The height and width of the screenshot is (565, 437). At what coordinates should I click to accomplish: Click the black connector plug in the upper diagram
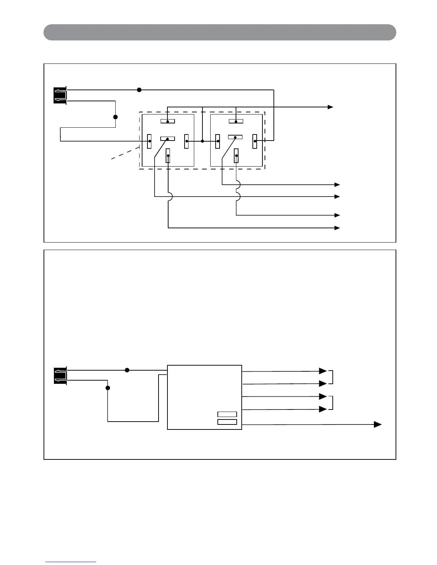click(x=60, y=95)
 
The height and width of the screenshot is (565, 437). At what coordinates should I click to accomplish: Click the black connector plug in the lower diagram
click(x=60, y=376)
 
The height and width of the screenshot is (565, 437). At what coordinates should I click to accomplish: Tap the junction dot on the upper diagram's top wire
click(x=139, y=90)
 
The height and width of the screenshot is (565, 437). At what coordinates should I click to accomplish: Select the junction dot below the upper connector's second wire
click(x=115, y=117)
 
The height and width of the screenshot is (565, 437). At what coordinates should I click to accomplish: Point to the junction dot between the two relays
click(x=202, y=141)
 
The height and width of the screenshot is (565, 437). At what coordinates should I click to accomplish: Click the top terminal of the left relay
click(x=167, y=121)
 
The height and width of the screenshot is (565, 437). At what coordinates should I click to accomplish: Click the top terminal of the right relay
click(x=236, y=121)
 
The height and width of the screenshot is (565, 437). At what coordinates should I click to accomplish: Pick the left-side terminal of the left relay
click(x=150, y=141)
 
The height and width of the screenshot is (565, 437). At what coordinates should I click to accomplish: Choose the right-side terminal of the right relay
click(x=255, y=141)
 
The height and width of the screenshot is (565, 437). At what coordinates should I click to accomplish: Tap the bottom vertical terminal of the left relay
click(x=168, y=156)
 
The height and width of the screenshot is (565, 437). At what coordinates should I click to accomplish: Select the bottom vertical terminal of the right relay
click(x=236, y=156)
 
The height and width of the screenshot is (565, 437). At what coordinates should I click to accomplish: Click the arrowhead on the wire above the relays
click(x=331, y=107)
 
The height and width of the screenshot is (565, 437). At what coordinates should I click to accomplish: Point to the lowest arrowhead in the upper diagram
click(x=337, y=228)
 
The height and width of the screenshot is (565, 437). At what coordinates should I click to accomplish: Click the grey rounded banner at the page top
click(x=220, y=32)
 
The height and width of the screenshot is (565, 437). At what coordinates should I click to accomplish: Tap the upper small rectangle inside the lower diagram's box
click(x=227, y=414)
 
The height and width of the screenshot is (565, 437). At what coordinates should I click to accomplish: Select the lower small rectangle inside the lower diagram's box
click(x=227, y=422)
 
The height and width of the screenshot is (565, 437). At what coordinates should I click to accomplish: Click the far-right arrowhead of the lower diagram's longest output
click(x=378, y=424)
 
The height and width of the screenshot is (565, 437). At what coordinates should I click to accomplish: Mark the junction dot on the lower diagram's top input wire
click(x=127, y=370)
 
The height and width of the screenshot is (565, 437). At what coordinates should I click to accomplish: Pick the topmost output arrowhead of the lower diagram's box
click(x=323, y=371)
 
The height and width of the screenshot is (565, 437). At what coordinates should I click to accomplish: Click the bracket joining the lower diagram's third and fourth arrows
click(x=332, y=403)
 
